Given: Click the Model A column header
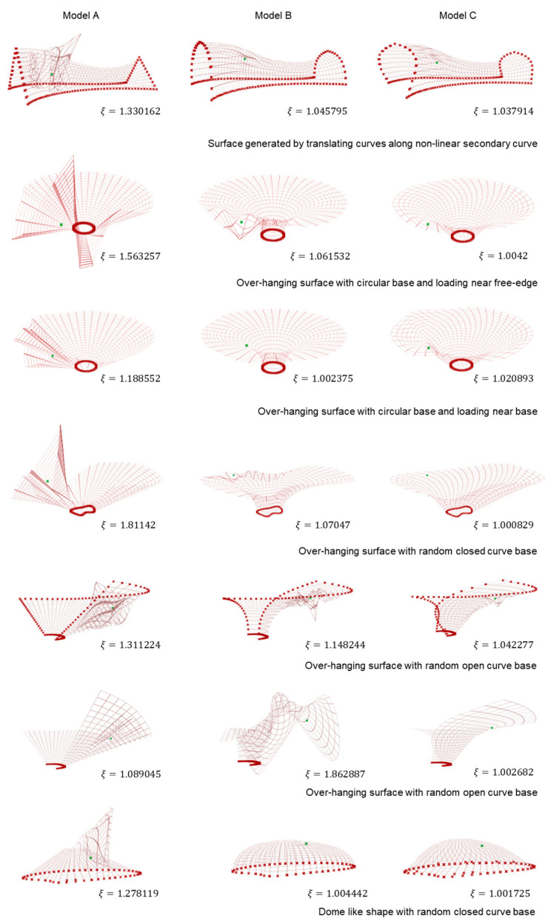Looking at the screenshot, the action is click(x=81, y=16).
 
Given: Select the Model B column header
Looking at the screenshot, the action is click(x=273, y=16).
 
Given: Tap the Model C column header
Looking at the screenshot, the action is click(x=457, y=16).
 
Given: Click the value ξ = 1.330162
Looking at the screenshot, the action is click(x=130, y=111).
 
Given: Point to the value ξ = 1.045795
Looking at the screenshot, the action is click(x=318, y=111).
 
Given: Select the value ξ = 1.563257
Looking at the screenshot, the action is click(x=130, y=256).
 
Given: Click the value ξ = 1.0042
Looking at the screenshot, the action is click(x=503, y=255).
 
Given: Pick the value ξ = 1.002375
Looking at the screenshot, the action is click(x=323, y=378).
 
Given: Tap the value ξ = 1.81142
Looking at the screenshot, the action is click(x=128, y=525).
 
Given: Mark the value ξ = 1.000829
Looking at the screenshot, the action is click(x=504, y=525).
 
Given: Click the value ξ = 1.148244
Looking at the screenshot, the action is click(x=335, y=645).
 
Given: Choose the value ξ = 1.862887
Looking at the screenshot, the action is click(x=335, y=774).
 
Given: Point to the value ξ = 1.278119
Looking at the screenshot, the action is click(x=128, y=894).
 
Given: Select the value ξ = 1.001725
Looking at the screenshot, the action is click(x=500, y=894).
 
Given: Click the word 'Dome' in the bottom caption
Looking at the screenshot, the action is click(x=330, y=911).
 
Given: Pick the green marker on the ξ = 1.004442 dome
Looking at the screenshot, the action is click(x=306, y=844).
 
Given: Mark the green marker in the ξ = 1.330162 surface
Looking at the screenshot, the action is click(x=52, y=74).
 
